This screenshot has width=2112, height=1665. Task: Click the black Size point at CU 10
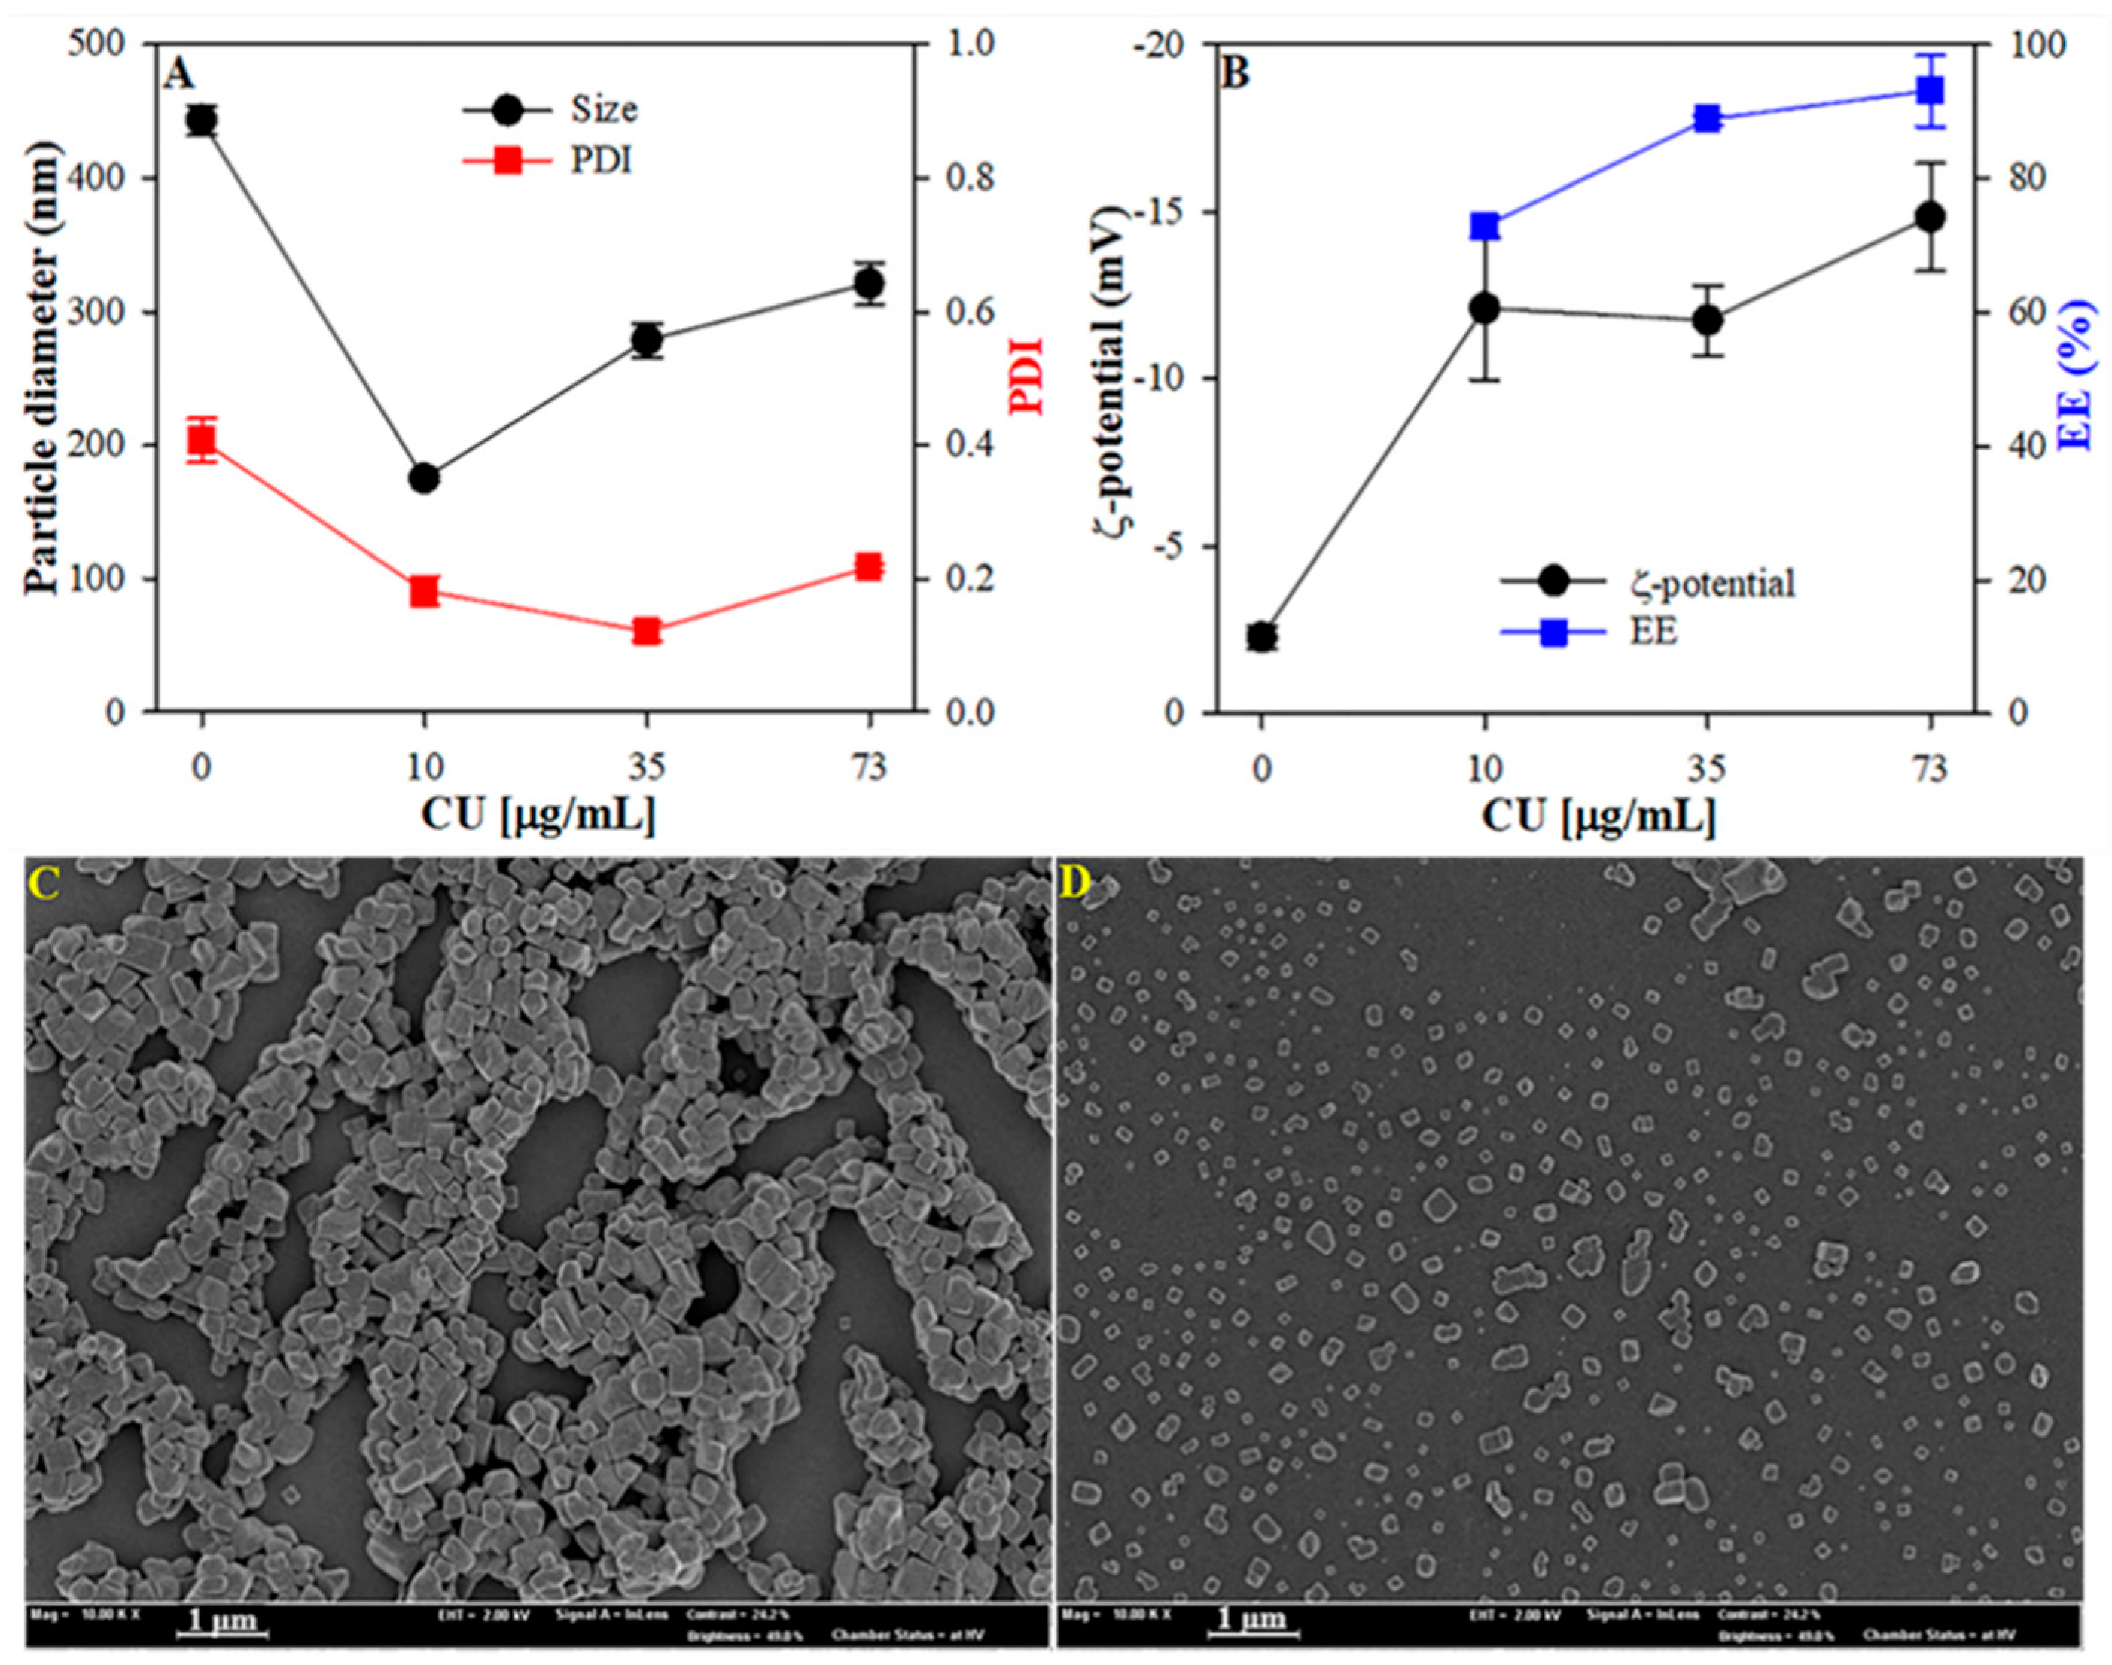coord(424,479)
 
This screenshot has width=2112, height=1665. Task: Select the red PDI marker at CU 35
coord(646,632)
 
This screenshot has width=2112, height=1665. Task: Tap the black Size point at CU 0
coord(202,120)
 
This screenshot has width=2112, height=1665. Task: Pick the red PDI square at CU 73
coord(868,567)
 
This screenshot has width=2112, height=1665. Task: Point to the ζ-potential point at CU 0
coord(1261,636)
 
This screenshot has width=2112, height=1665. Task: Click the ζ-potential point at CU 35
coord(1708,321)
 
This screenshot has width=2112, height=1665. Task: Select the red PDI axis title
coord(1026,377)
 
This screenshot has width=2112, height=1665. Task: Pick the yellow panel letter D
coord(1076,883)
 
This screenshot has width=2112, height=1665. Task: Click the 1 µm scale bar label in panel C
coord(222,1622)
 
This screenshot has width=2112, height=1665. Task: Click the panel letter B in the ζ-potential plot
coord(1234,74)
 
